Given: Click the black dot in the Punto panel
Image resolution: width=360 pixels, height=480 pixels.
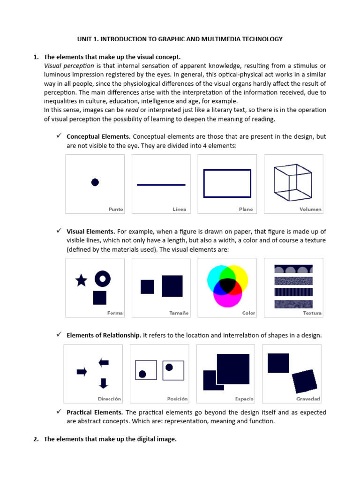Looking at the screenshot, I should pyautogui.click(x=95, y=182).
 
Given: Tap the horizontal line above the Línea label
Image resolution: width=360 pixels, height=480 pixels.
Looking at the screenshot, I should pyautogui.click(x=161, y=185).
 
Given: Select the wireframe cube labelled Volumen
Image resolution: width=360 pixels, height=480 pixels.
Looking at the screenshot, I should pyautogui.click(x=292, y=183).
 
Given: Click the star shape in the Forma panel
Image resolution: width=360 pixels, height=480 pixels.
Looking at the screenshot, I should pyautogui.click(x=81, y=280).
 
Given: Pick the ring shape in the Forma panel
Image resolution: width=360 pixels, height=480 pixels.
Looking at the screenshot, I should pyautogui.click(x=103, y=279).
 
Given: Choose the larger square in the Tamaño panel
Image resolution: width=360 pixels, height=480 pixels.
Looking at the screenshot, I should pyautogui.click(x=172, y=286).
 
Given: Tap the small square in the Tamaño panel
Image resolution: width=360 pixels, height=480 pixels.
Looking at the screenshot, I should pyautogui.click(x=147, y=286).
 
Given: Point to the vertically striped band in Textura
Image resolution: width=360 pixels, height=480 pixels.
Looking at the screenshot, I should pyautogui.click(x=293, y=292).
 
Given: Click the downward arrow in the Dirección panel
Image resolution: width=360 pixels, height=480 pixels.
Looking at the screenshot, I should pyautogui.click(x=104, y=383).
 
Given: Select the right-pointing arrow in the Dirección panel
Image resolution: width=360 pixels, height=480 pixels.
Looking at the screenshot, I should pyautogui.click(x=82, y=372).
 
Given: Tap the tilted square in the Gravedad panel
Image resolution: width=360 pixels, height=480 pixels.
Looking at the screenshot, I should pyautogui.click(x=304, y=381).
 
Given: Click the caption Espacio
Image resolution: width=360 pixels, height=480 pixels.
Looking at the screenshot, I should pyautogui.click(x=244, y=399).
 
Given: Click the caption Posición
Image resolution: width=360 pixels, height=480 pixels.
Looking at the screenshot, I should pyautogui.click(x=177, y=399).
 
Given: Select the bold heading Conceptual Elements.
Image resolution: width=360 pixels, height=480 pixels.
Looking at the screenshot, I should pyautogui.click(x=98, y=136).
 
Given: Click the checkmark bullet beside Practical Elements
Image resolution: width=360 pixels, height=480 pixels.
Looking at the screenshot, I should pyautogui.click(x=59, y=412).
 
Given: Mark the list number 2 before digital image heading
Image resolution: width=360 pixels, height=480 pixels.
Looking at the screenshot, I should pyautogui.click(x=36, y=439).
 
